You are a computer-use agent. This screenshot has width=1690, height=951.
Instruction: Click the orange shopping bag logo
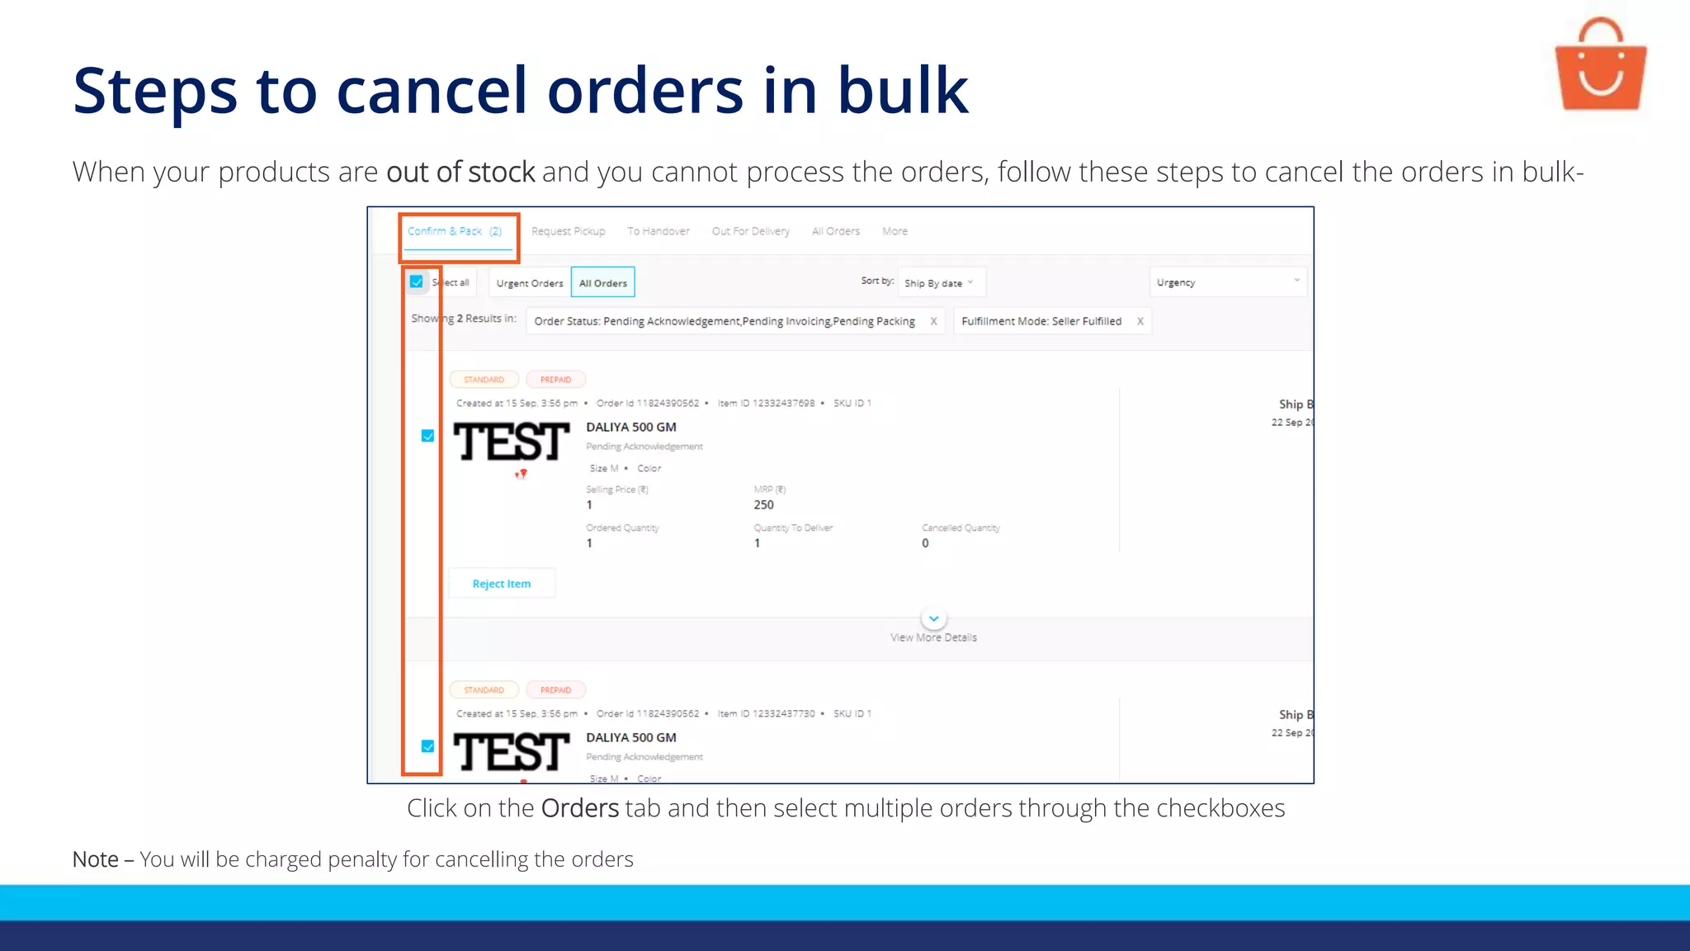[1600, 66]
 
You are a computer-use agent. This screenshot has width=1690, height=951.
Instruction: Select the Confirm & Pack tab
[455, 232]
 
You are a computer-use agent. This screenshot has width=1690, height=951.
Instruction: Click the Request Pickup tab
[568, 232]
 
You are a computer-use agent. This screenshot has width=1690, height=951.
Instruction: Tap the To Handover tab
[658, 232]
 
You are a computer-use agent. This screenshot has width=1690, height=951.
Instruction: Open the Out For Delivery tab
[750, 232]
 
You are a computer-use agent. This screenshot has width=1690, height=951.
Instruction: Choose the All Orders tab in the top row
[835, 232]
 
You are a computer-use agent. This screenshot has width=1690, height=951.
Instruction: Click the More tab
[895, 232]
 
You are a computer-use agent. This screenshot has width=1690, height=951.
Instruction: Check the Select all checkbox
[417, 282]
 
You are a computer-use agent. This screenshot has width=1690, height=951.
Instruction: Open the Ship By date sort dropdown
[939, 283]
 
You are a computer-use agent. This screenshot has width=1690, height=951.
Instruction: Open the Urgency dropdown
[1227, 282]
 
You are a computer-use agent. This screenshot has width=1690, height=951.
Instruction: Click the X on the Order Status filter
[933, 322]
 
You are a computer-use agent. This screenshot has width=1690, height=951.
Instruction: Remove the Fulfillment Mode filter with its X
[1140, 322]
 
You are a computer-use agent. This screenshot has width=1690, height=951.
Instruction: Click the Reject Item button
[501, 584]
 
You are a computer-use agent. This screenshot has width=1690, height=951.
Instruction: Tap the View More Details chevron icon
[933, 618]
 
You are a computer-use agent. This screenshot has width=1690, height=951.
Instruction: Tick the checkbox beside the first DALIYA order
[427, 436]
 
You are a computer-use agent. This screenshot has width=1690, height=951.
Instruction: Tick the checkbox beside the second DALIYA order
[427, 746]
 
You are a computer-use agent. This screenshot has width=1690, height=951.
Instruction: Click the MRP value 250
[763, 505]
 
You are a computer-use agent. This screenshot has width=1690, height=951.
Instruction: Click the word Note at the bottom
[95, 859]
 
